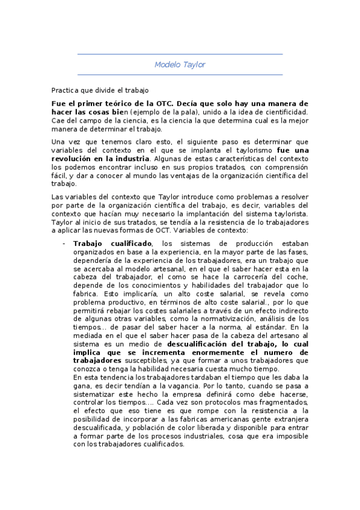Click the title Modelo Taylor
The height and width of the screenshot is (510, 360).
[180, 64]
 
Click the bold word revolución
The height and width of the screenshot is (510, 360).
[71, 158]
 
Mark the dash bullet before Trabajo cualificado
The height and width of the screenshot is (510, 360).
[64, 243]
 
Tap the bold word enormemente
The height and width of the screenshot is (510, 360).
[200, 352]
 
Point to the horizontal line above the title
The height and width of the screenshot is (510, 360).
[180, 54]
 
